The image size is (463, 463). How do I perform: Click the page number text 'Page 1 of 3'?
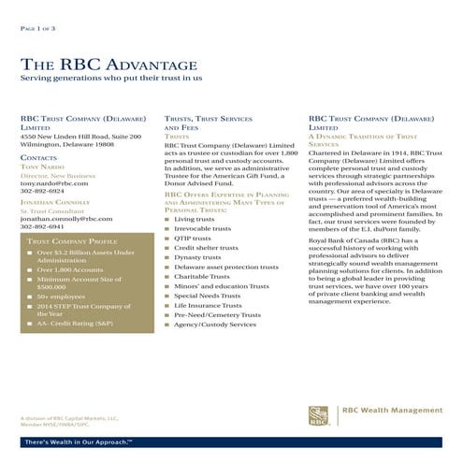(x=38, y=30)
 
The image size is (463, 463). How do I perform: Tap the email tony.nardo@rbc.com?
(x=54, y=183)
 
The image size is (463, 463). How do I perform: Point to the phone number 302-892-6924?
(x=42, y=192)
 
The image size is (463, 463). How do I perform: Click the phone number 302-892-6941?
(x=42, y=226)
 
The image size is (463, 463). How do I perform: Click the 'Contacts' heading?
(x=38, y=159)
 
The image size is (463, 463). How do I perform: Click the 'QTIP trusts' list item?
(x=192, y=238)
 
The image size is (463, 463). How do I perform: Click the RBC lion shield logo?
(x=319, y=414)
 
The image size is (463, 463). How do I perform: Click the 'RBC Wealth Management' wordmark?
(x=393, y=411)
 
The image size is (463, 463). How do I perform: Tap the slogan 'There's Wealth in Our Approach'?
(x=79, y=441)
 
